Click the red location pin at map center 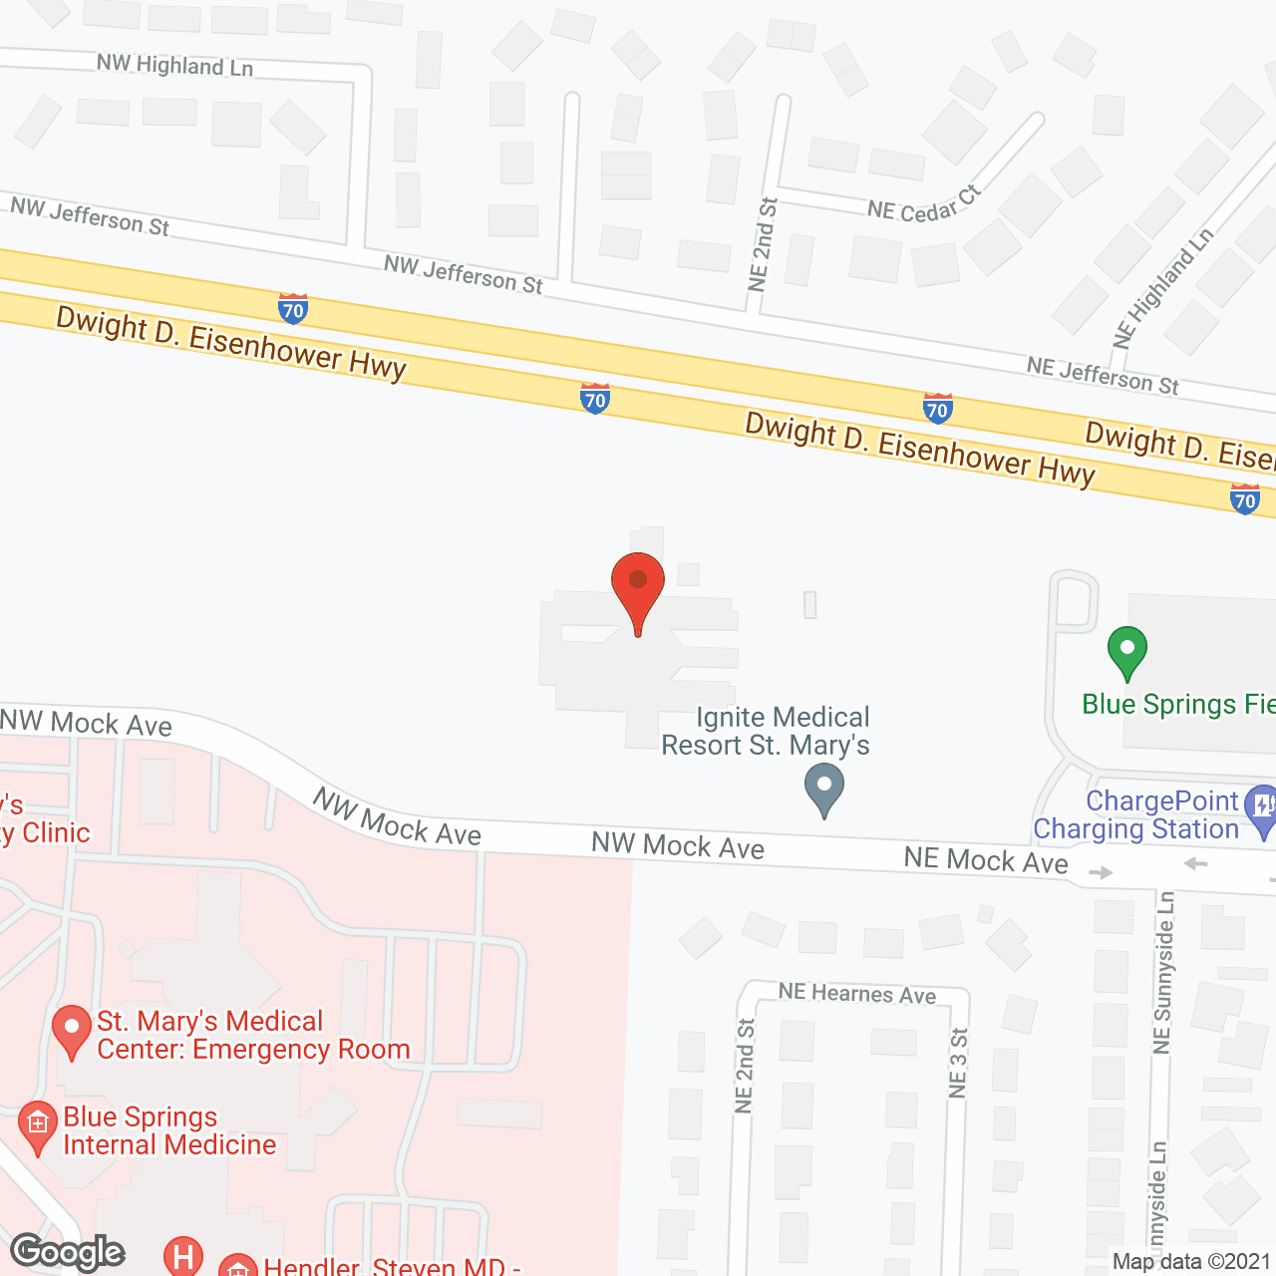click(x=637, y=583)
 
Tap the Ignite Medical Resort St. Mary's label click(x=766, y=731)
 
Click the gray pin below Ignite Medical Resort click(x=824, y=788)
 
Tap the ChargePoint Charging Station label click(x=1136, y=815)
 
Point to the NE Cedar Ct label click(x=924, y=206)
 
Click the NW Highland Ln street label click(x=174, y=66)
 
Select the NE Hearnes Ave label click(x=857, y=993)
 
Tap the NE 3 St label click(x=958, y=1063)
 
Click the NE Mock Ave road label click(x=986, y=860)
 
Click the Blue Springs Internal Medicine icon click(x=38, y=1126)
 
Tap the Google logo click(x=68, y=1252)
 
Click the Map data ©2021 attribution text click(x=1191, y=1262)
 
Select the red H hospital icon click(x=183, y=1256)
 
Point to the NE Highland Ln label click(x=1163, y=288)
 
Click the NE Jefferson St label click(x=1103, y=376)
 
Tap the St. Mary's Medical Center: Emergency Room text click(x=253, y=1035)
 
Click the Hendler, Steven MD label click(x=391, y=1266)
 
